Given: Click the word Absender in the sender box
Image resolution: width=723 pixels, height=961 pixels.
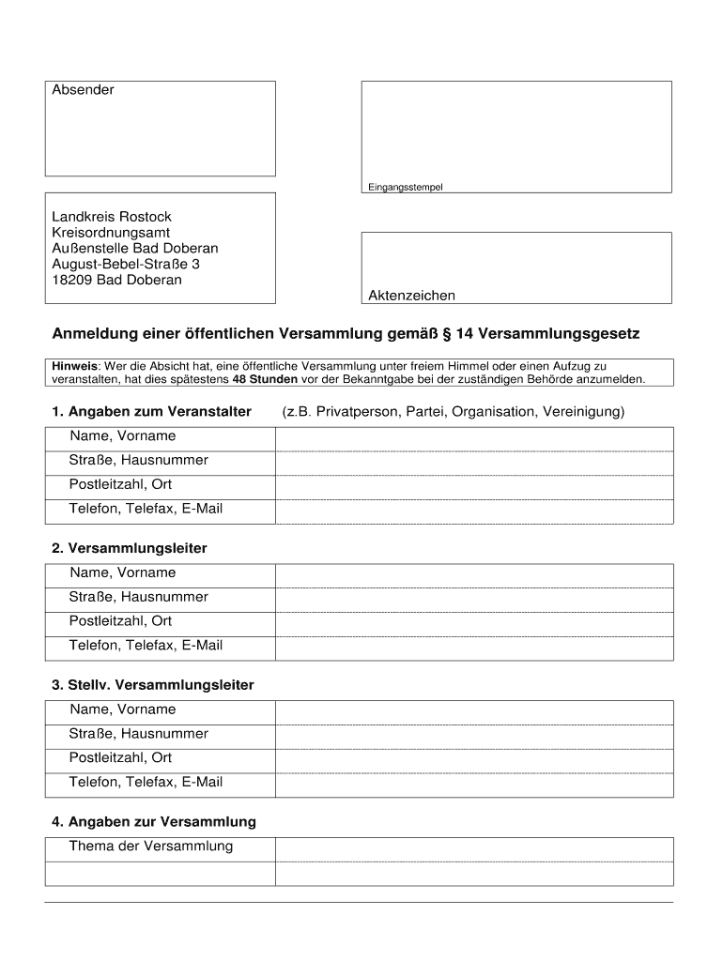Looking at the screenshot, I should [83, 90].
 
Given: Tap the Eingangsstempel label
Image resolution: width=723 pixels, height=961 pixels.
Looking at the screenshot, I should [405, 187].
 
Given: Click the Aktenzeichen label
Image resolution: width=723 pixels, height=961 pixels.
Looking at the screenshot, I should [411, 296].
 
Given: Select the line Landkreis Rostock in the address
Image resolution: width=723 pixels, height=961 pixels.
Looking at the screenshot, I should [112, 217].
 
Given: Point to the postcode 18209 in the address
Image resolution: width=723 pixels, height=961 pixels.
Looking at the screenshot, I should [72, 280].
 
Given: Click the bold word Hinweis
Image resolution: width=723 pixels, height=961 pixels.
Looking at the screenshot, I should [74, 366].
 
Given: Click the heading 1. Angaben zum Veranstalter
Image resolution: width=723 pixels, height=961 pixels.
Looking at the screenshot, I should [151, 412].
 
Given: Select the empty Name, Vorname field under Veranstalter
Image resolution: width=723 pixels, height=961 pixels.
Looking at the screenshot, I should [473, 438].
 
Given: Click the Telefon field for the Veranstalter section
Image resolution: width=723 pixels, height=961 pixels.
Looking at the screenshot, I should [473, 511].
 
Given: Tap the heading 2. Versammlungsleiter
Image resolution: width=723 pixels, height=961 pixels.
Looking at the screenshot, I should [130, 548].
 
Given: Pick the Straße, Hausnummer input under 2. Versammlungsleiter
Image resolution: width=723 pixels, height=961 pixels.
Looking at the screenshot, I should [473, 600].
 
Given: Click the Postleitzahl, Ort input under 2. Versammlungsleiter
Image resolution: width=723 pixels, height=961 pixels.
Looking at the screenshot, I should [473, 624].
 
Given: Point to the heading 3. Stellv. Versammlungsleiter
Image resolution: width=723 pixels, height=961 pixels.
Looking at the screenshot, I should [153, 685].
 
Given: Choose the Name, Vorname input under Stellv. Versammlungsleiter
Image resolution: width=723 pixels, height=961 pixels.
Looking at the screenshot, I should [473, 712].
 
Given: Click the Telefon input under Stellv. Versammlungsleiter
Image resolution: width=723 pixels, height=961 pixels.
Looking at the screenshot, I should [473, 786].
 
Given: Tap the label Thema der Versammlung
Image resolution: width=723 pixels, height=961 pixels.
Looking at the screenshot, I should [150, 847].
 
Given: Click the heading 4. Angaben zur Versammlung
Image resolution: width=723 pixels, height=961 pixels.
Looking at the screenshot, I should [154, 822].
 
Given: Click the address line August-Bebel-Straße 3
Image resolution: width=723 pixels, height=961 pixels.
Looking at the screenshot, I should [126, 265].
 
